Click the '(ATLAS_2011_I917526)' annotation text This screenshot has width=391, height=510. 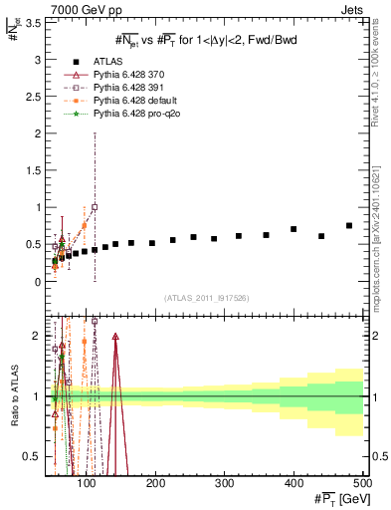[206, 298]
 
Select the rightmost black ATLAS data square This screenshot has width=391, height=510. [349, 226]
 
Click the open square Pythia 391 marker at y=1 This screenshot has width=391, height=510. [95, 207]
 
